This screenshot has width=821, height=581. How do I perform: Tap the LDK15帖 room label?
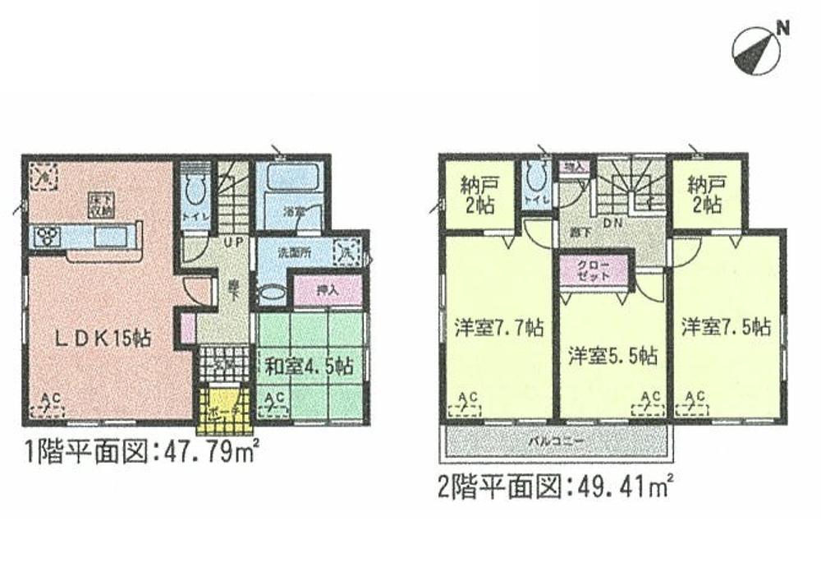(103, 336)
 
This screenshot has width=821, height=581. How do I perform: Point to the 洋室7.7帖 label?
(498, 327)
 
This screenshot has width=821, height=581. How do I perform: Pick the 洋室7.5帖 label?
(726, 327)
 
